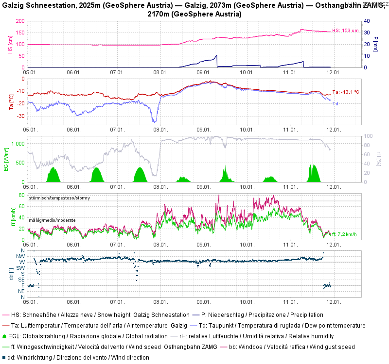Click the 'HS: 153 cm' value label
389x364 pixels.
(345, 31)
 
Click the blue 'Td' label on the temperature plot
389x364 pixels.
(335, 103)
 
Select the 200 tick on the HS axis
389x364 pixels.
(20, 21)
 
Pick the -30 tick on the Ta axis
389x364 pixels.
(21, 116)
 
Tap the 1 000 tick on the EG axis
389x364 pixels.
(18, 144)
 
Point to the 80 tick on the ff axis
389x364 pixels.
(22, 195)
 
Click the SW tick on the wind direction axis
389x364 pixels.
(21, 268)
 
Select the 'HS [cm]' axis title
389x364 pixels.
(10, 45)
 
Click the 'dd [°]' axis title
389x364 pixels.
(10, 274)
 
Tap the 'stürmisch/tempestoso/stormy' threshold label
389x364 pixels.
(59, 198)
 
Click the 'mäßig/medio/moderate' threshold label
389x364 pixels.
(52, 220)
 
